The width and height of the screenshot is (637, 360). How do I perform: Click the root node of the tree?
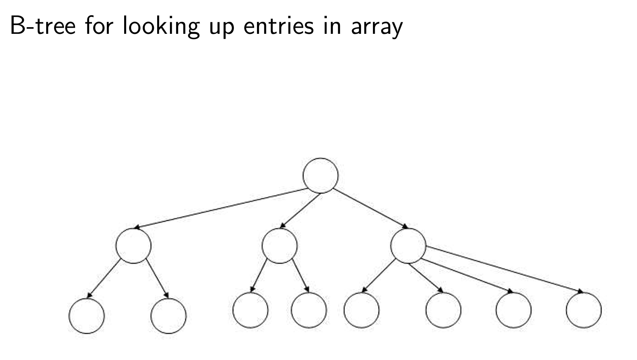321,175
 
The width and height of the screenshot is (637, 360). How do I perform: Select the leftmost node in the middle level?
133,245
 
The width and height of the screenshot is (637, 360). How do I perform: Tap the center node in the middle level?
279,245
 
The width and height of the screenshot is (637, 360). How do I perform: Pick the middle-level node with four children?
408,245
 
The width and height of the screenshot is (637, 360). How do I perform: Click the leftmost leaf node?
87,316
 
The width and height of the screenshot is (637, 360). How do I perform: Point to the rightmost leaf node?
584,310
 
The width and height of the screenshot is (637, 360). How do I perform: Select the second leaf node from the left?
169,316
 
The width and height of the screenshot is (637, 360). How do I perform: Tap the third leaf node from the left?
250,310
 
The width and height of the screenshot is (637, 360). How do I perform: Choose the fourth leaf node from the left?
309,310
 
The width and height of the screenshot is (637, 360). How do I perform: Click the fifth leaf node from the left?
361,310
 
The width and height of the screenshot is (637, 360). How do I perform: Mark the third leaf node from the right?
444,310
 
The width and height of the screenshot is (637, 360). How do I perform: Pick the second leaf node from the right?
514,310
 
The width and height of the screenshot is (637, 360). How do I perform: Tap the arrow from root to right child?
370,208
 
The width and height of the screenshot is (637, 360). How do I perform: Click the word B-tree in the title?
43,26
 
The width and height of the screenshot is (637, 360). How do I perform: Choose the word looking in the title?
161,26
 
